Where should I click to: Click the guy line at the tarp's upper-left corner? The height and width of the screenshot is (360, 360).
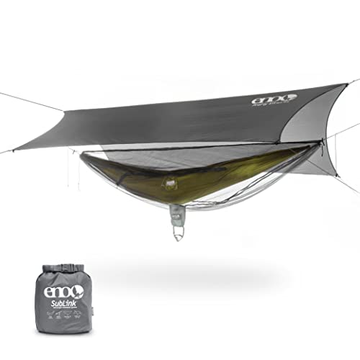pyautogui.click(x=29, y=101)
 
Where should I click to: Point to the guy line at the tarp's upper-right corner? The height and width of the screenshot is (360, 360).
pyautogui.click(x=353, y=81)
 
